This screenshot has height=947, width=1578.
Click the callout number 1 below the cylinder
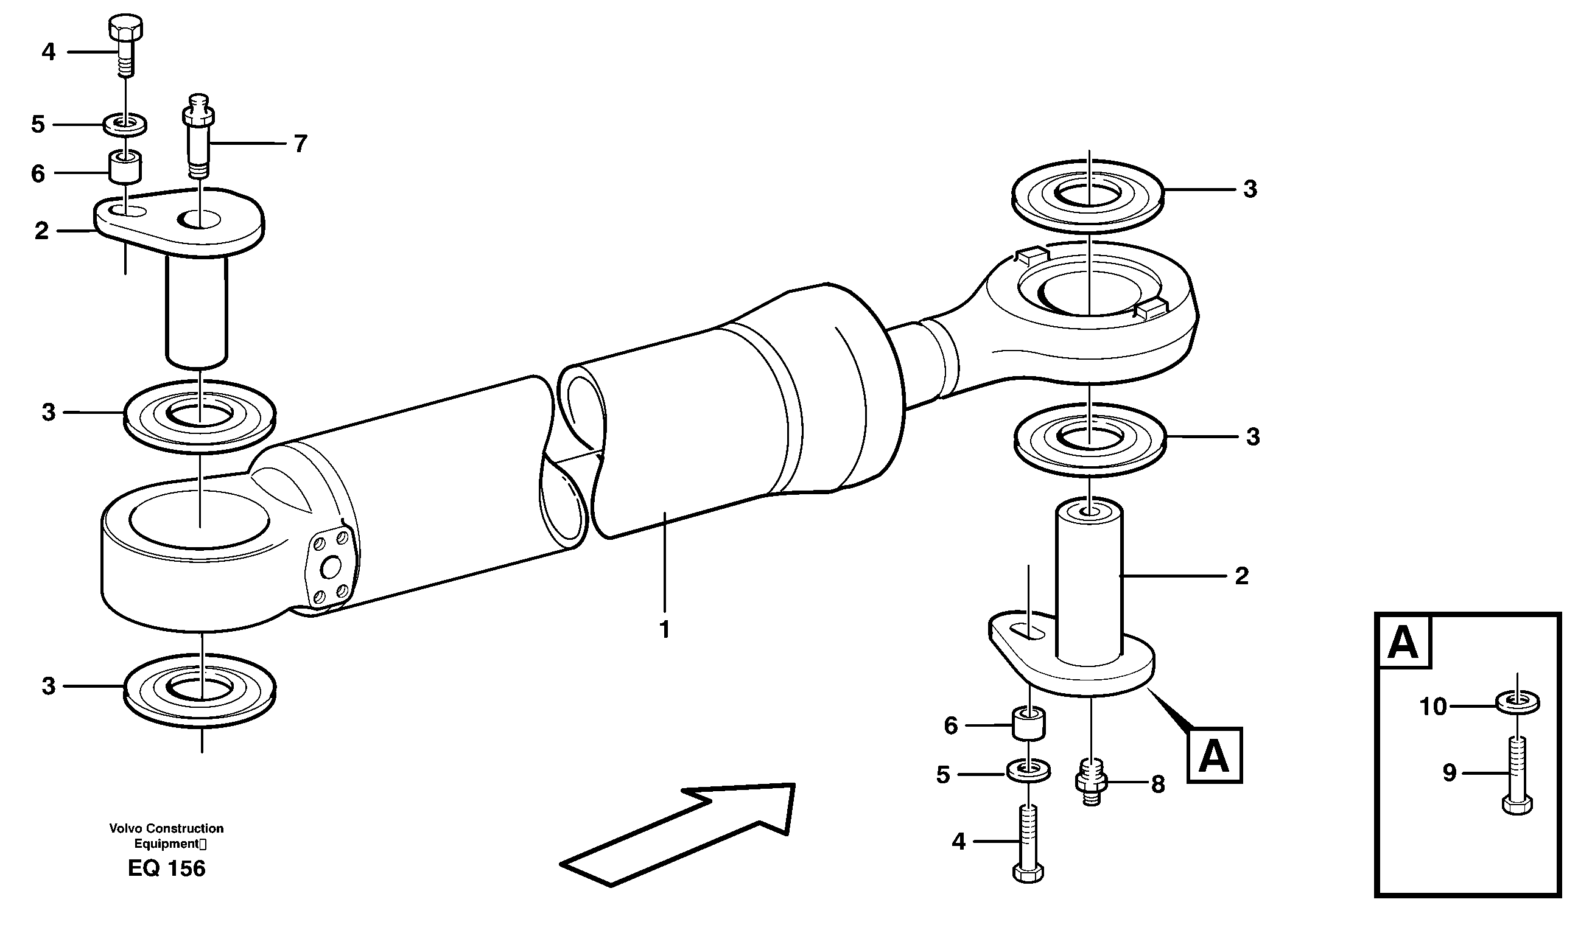click(x=664, y=630)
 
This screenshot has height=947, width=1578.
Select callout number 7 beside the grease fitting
click(x=301, y=144)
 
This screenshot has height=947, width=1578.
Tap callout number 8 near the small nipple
click(x=1158, y=785)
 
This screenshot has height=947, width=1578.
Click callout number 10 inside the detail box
click(x=1432, y=707)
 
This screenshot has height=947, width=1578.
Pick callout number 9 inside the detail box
click(x=1449, y=773)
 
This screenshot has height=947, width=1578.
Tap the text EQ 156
click(x=167, y=868)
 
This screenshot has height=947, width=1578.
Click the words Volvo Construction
click(x=167, y=828)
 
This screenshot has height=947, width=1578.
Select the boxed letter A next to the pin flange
click(x=1213, y=755)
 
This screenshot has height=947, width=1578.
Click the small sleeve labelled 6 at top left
click(x=126, y=167)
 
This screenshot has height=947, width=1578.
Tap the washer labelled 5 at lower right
click(x=1028, y=771)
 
